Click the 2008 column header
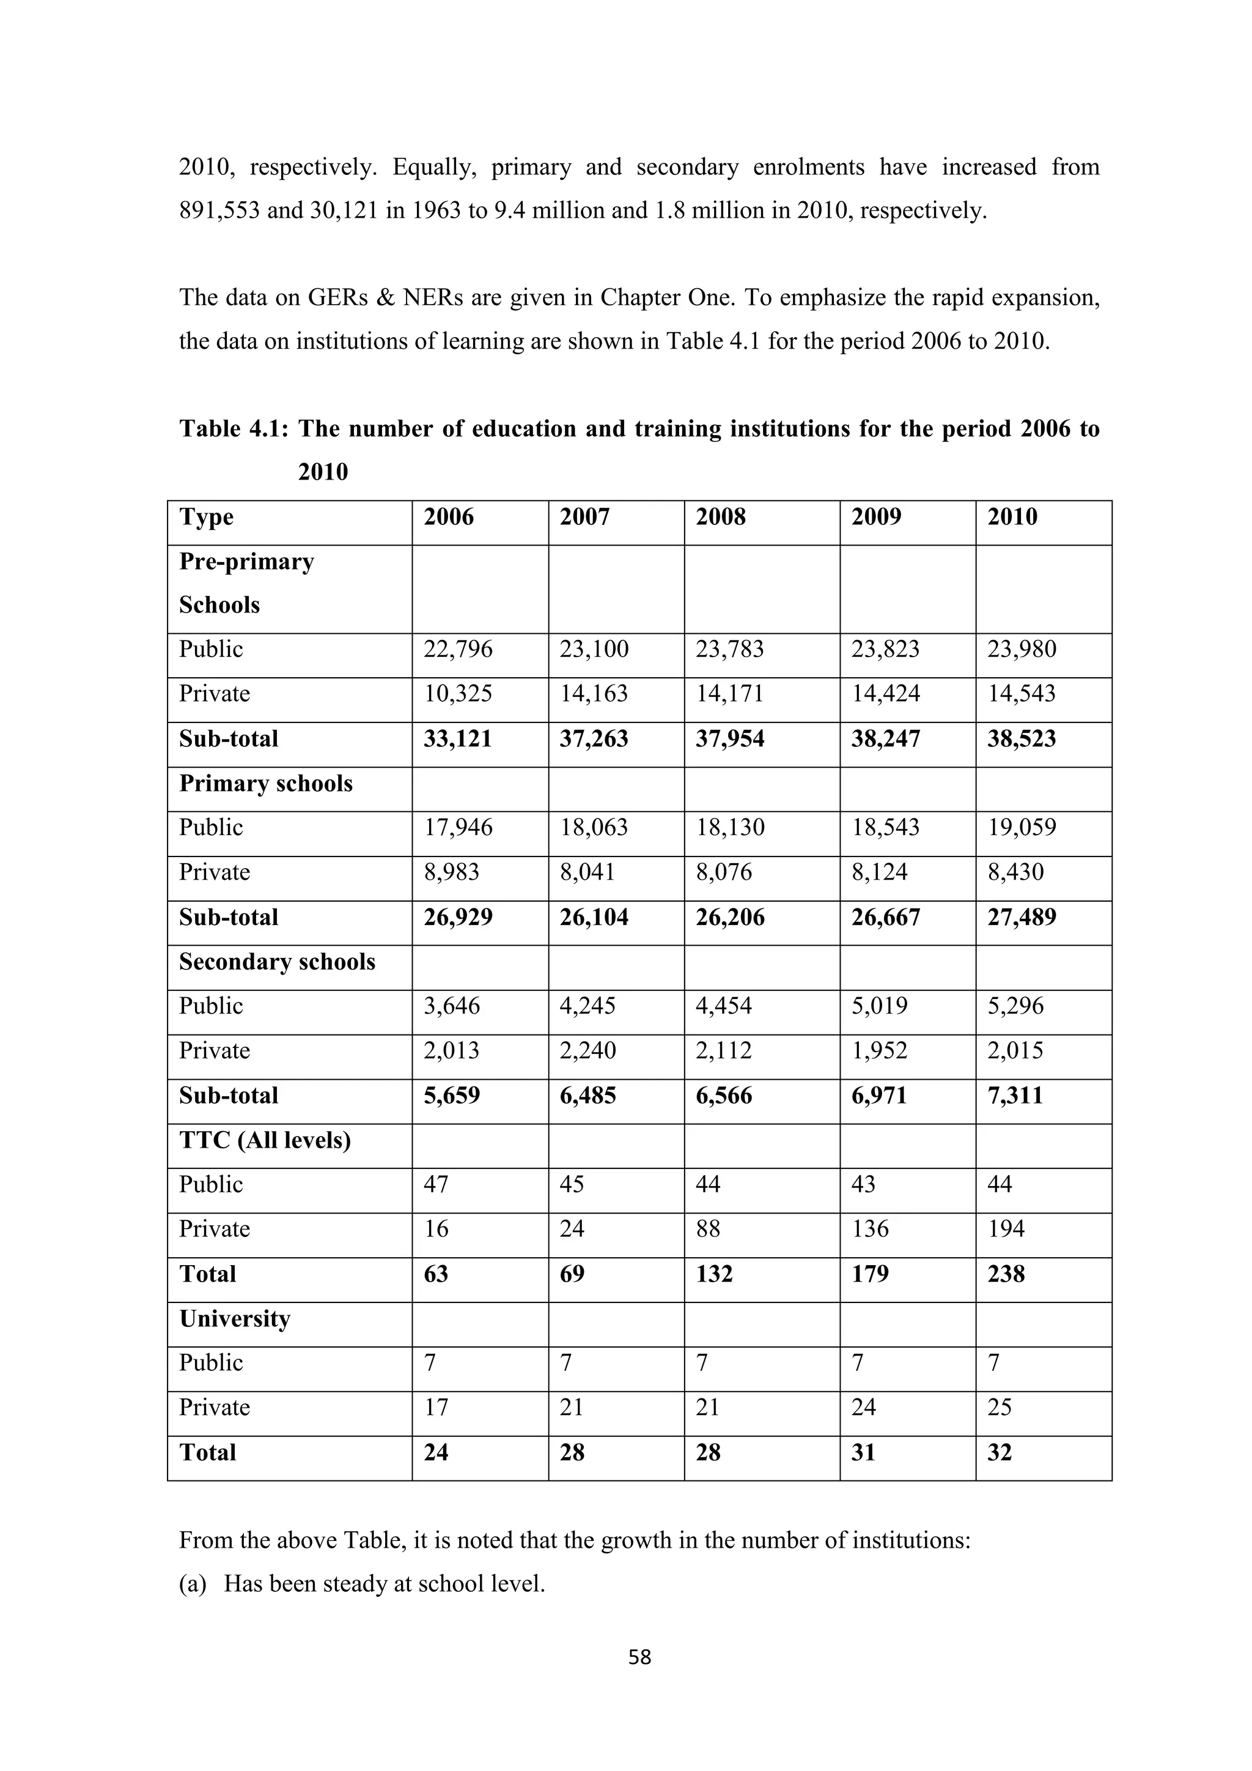[x=720, y=517]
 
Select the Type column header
[x=206, y=517]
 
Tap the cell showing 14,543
[x=1021, y=694]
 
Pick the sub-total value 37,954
[x=729, y=738]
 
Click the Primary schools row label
[x=265, y=783]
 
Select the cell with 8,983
[x=451, y=872]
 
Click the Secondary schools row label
[x=277, y=962]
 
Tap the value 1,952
[x=879, y=1050]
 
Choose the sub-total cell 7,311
[x=1015, y=1095]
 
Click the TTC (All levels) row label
[x=265, y=1140]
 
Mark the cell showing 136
[x=870, y=1229]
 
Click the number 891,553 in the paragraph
[x=219, y=210]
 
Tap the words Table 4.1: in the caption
[x=234, y=429]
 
